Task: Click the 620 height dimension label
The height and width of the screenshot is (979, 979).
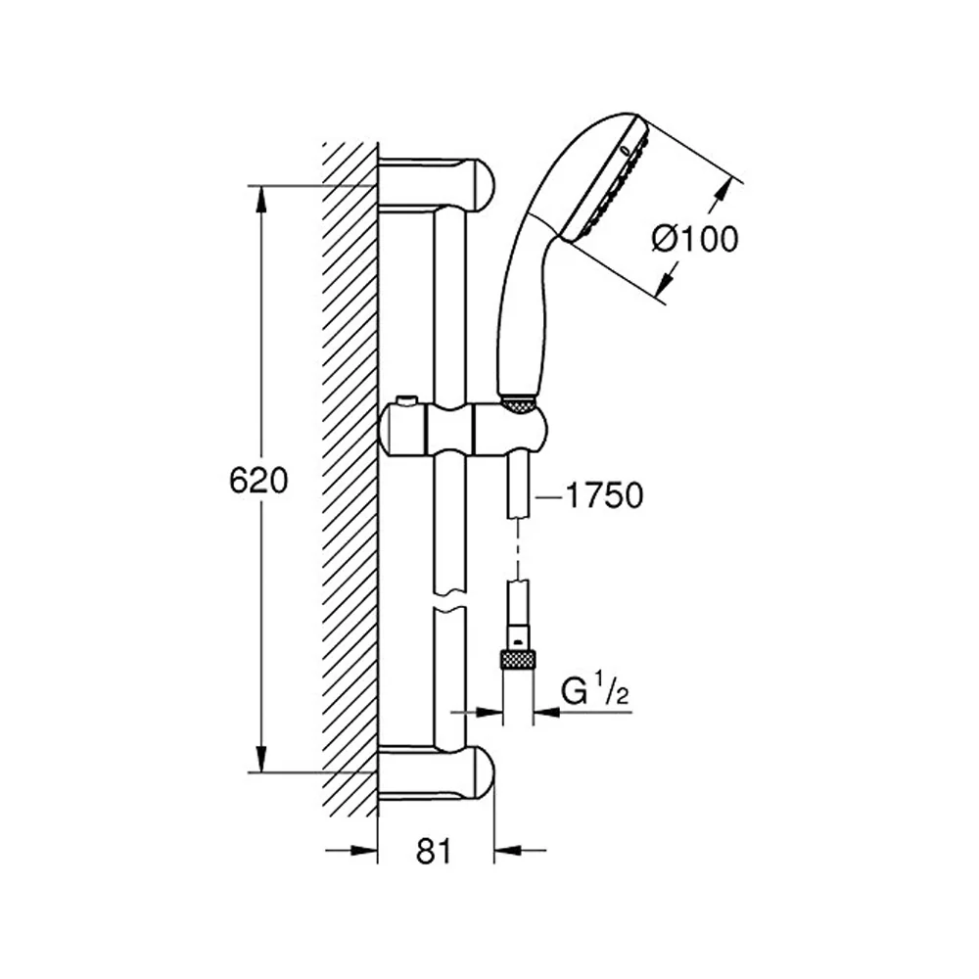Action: tap(258, 481)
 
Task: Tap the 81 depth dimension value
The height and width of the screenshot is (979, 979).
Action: tap(434, 851)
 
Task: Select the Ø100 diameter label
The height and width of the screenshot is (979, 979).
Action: tap(695, 239)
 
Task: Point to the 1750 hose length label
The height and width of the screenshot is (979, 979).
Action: tap(604, 495)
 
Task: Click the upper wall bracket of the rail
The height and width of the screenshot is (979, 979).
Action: tap(437, 183)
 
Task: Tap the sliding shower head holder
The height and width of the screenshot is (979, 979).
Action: tap(463, 431)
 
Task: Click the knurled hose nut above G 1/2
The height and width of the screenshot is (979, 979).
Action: tap(518, 661)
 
